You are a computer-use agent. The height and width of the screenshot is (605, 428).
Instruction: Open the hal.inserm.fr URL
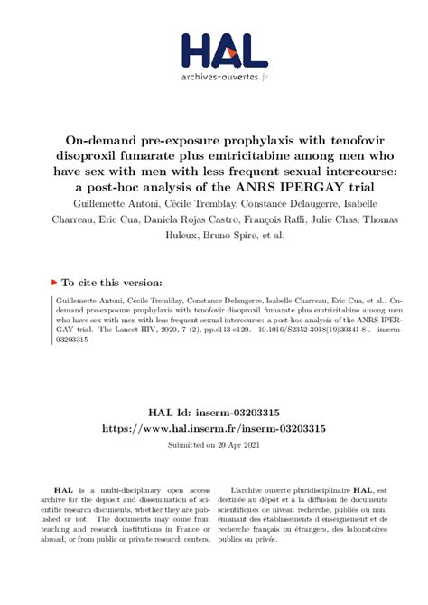[213, 429]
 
